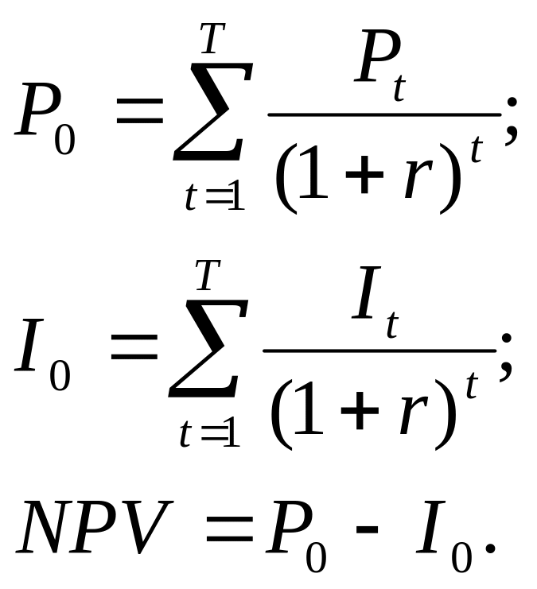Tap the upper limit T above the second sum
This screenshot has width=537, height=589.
(206, 276)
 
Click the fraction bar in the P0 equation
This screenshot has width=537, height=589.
(383, 114)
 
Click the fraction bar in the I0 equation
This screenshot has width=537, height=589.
(379, 351)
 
